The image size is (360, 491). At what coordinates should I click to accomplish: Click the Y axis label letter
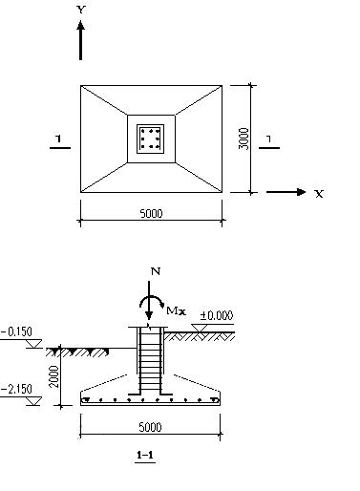pyautogui.click(x=81, y=10)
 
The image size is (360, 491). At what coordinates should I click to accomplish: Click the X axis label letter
pyautogui.click(x=319, y=194)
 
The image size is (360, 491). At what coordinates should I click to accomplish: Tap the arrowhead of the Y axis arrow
pyautogui.click(x=81, y=26)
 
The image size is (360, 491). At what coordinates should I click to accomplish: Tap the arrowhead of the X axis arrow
pyautogui.click(x=301, y=192)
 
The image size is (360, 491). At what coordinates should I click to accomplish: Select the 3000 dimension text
pyautogui.click(x=244, y=139)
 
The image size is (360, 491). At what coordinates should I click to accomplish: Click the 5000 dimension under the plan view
pyautogui.click(x=151, y=213)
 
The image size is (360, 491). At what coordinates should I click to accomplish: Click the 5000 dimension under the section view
pyautogui.click(x=150, y=427)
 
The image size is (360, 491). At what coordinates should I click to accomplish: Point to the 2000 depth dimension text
pyautogui.click(x=54, y=376)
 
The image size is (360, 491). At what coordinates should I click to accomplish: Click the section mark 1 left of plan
pyautogui.click(x=58, y=139)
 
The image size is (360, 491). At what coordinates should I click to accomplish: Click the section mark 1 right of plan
pyautogui.click(x=269, y=139)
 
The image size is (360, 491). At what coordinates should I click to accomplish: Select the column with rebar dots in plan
pyautogui.click(x=151, y=139)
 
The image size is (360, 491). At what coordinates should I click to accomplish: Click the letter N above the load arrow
pyautogui.click(x=156, y=271)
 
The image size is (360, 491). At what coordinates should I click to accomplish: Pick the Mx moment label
pyautogui.click(x=176, y=310)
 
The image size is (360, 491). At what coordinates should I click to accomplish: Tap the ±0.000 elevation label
pyautogui.click(x=217, y=315)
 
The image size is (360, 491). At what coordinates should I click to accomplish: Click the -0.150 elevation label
pyautogui.click(x=16, y=331)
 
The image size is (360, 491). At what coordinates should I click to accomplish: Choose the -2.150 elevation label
pyautogui.click(x=16, y=389)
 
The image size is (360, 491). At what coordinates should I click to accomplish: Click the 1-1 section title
pyautogui.click(x=145, y=455)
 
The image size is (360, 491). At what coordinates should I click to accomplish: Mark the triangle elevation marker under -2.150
pyautogui.click(x=33, y=401)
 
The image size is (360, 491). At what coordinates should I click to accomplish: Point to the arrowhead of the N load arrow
pyautogui.click(x=149, y=315)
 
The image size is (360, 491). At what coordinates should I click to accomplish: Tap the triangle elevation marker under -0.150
pyautogui.click(x=33, y=344)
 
